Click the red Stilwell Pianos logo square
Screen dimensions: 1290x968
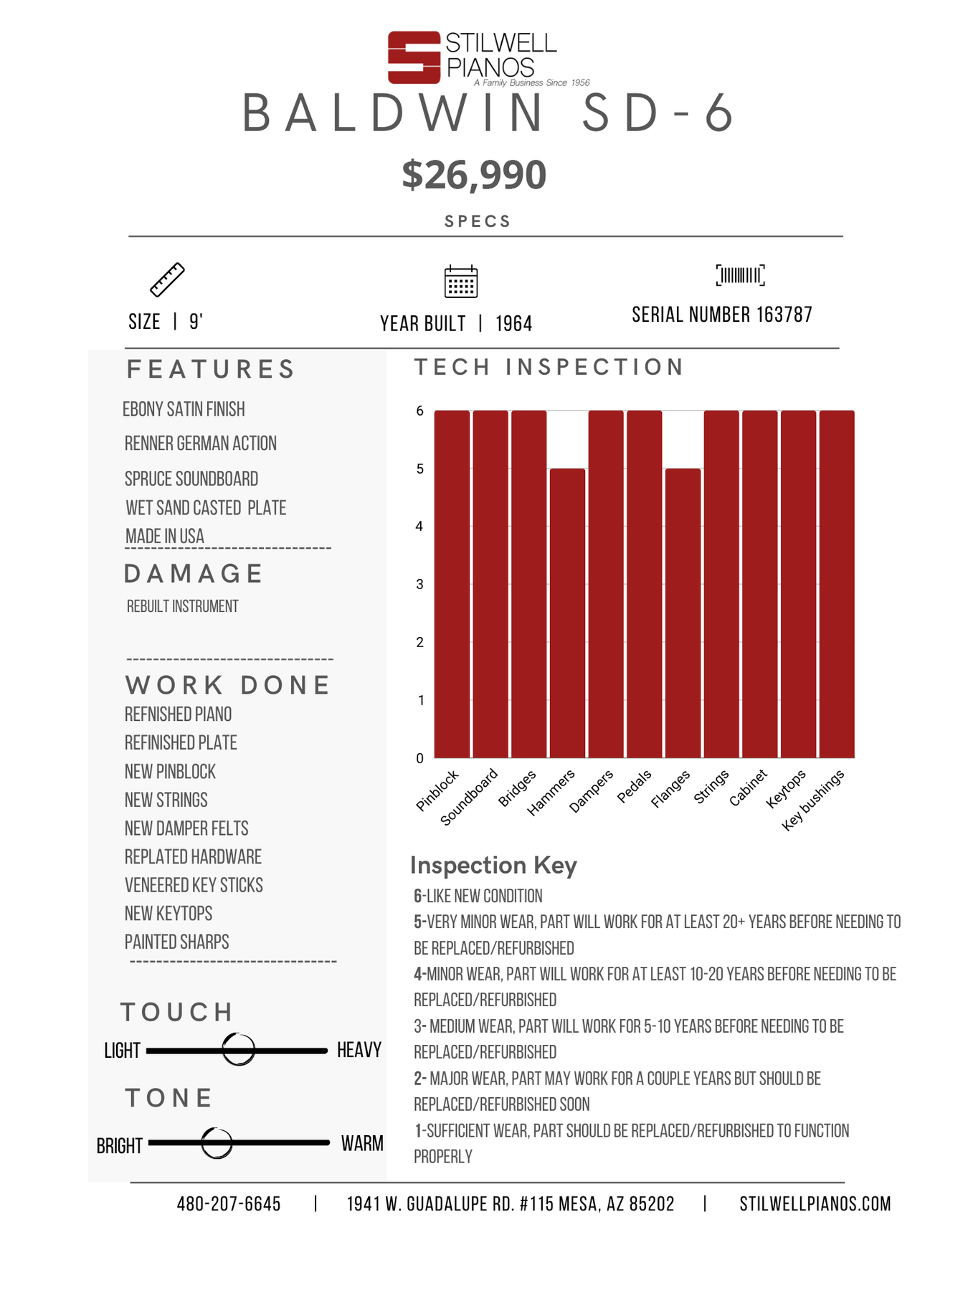[x=414, y=57]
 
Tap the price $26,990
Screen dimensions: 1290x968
[x=474, y=175]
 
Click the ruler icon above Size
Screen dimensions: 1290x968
[x=167, y=279]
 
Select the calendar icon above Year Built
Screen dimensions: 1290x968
[x=461, y=281]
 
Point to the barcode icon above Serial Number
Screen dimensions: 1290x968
[x=741, y=275]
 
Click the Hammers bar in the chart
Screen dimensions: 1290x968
[x=567, y=613]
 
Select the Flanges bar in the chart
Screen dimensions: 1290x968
[x=683, y=613]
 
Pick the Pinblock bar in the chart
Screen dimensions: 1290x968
[x=452, y=584]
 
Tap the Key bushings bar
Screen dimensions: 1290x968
[x=837, y=584]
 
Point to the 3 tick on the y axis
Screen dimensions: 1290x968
[x=420, y=584]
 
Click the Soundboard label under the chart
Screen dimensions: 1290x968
[x=469, y=797]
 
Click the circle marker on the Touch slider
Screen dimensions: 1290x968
[x=239, y=1050]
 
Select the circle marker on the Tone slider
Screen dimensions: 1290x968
[x=217, y=1143]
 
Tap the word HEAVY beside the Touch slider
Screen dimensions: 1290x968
[x=359, y=1050]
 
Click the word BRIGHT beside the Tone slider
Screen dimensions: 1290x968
[x=120, y=1146]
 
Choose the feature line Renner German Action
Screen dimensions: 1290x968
[x=201, y=444]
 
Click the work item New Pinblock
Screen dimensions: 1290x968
[x=170, y=772]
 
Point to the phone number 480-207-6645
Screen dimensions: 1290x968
[x=229, y=1204]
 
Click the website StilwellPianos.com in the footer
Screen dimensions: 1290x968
[x=815, y=1204]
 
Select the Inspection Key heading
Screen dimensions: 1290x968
[x=493, y=866]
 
